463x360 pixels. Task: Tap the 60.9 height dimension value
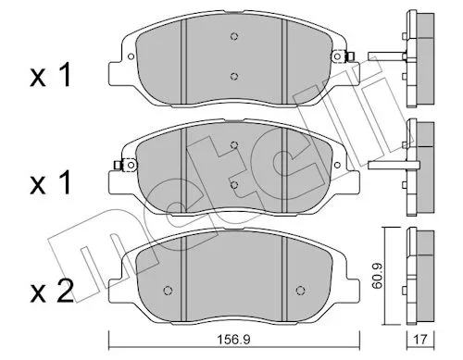[377, 276]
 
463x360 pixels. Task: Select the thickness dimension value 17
[420, 340]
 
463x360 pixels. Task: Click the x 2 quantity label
[52, 292]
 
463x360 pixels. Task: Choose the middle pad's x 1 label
[51, 183]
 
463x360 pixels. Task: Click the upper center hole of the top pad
[234, 36]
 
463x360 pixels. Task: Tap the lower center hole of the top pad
[234, 76]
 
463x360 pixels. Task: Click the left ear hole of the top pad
[131, 56]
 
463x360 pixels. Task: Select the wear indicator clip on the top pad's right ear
[343, 56]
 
